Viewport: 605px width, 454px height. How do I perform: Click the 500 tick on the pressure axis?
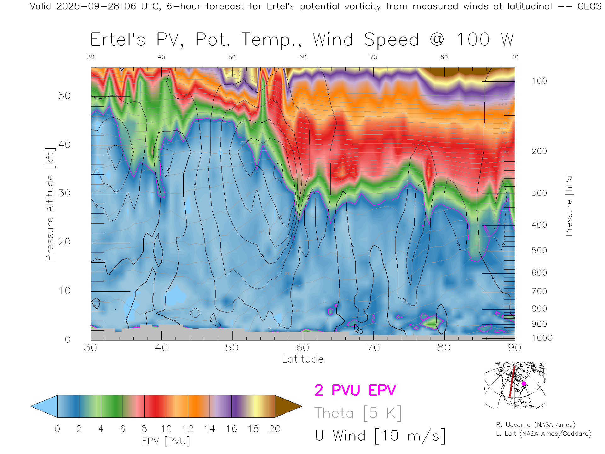coord(539,250)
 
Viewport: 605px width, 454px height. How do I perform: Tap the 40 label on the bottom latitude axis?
coord(161,348)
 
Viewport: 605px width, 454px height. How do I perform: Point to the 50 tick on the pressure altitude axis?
coord(64,96)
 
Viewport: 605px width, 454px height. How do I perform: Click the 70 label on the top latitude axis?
coord(373,57)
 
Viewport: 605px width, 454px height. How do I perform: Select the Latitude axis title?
coord(302,359)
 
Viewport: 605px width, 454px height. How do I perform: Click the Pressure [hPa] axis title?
coord(569,204)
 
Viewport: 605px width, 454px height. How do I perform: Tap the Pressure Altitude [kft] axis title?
coord(50,204)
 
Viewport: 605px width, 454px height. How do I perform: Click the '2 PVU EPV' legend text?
coord(355,390)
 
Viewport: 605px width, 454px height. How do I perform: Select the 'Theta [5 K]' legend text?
coord(358,413)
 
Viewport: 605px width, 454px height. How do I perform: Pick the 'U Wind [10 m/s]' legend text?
coord(380,436)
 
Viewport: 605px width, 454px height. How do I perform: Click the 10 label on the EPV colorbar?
coord(166,429)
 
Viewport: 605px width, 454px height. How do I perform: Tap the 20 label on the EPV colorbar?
coord(275,429)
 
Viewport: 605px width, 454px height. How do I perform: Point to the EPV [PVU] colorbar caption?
coord(166,441)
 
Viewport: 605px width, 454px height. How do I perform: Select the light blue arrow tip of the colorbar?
coord(44,406)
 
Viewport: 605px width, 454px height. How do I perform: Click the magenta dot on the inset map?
coord(524,384)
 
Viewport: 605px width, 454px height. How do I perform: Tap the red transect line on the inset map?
coord(512,383)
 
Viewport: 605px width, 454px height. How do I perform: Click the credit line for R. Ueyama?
coord(535,425)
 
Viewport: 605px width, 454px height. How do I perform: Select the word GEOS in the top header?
coord(589,6)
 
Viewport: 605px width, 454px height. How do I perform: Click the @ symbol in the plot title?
coord(437,40)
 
